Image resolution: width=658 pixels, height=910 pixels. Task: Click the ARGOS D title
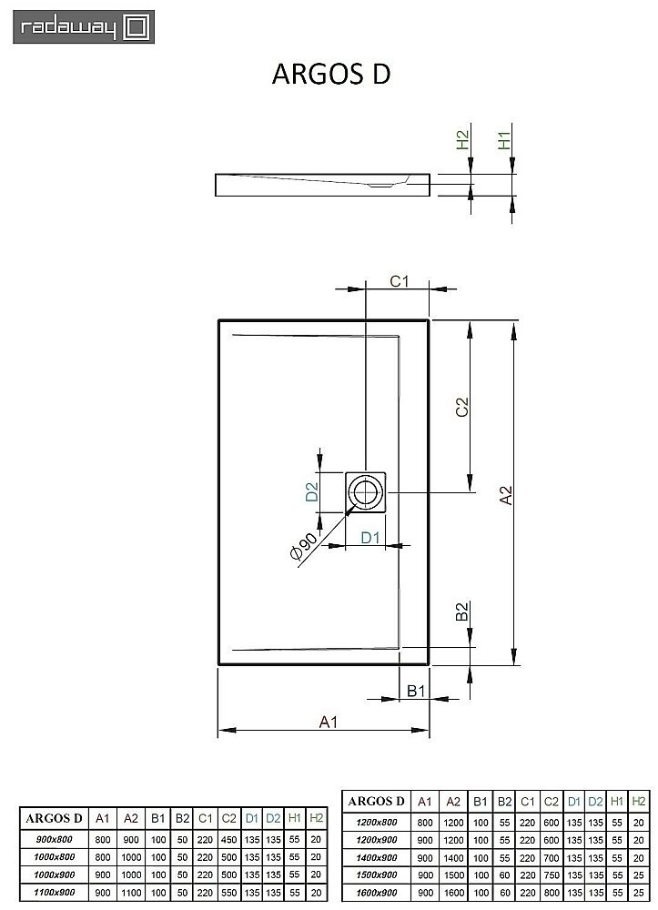click(x=331, y=75)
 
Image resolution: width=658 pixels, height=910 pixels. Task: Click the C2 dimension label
click(x=461, y=408)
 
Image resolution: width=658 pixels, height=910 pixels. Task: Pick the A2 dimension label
click(x=508, y=494)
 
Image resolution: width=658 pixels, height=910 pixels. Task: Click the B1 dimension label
click(x=416, y=692)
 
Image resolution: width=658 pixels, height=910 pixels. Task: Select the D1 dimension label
click(x=369, y=537)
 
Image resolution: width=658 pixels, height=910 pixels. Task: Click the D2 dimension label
click(x=310, y=492)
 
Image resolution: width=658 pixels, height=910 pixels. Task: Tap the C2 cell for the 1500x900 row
click(x=551, y=871)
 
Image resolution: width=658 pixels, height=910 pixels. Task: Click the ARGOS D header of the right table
click(x=375, y=802)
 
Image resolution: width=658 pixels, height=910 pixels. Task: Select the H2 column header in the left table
click(x=316, y=816)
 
